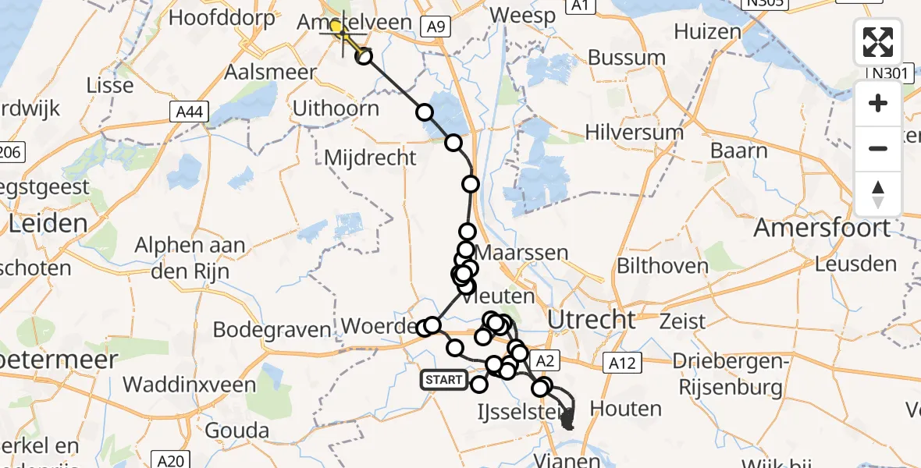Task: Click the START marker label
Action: [x=444, y=381]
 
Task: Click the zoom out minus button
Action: [x=878, y=148]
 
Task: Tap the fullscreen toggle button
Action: [x=878, y=42]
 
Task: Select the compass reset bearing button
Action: [x=878, y=193]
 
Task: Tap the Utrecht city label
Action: [x=591, y=319]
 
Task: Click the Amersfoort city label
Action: [x=821, y=229]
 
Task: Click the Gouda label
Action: [x=236, y=431]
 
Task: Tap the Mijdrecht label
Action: [x=372, y=157]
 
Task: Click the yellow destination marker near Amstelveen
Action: [x=336, y=28]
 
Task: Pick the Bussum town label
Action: [x=627, y=58]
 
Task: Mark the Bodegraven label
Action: [x=272, y=330]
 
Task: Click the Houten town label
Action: [x=626, y=408]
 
